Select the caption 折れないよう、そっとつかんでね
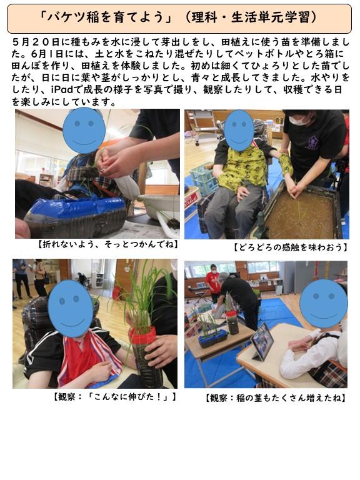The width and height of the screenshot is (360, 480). pyautogui.click(x=107, y=244)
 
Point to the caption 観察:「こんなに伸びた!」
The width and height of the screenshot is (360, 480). pyautogui.click(x=115, y=397)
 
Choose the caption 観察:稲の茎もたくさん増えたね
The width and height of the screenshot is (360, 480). pyautogui.click(x=276, y=398)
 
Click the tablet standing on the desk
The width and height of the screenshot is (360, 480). pyautogui.click(x=262, y=341)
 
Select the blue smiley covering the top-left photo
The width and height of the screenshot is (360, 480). pyautogui.click(x=84, y=131)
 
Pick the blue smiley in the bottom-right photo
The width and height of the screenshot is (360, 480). pyautogui.click(x=324, y=303)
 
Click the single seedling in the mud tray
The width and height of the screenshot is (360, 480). pyautogui.click(x=299, y=209)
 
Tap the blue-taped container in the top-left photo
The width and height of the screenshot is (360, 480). pyautogui.click(x=76, y=216)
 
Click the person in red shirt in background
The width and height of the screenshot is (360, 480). pyautogui.click(x=212, y=282)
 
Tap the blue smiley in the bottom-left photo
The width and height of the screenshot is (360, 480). pyautogui.click(x=71, y=308)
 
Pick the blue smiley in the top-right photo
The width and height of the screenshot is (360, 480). pyautogui.click(x=239, y=131)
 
